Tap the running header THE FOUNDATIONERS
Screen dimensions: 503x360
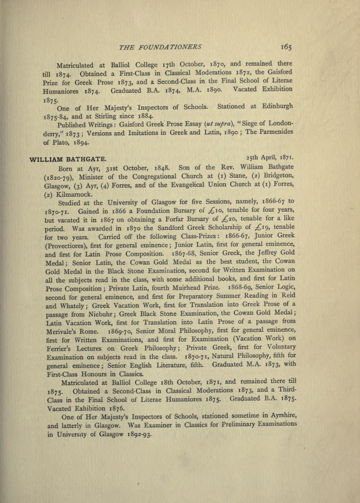point(160,47)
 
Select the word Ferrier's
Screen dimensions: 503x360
point(60,349)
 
